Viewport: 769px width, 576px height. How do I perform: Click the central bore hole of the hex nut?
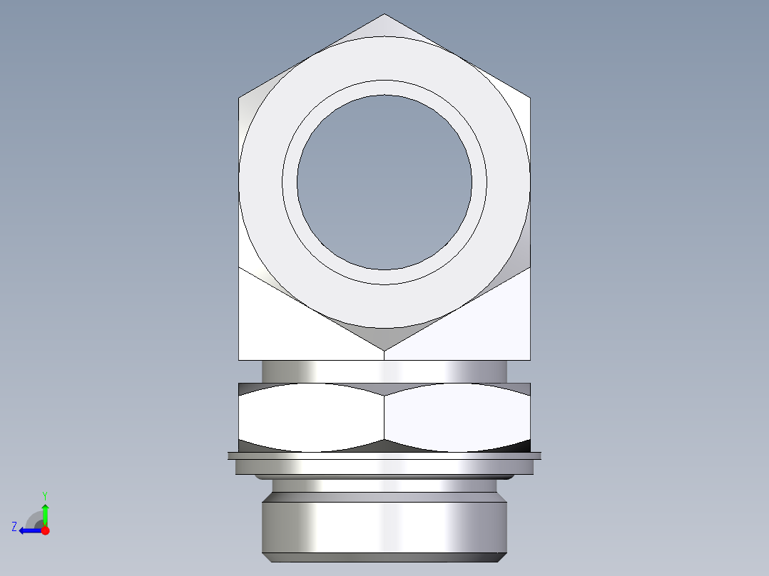pyautogui.click(x=385, y=182)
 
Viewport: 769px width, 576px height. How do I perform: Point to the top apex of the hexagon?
pyautogui.click(x=385, y=15)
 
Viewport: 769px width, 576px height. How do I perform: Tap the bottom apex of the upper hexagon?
pyautogui.click(x=385, y=350)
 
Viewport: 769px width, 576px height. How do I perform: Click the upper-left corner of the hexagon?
pyautogui.click(x=239, y=98)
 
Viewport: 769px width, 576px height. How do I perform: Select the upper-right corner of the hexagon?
pyautogui.click(x=530, y=98)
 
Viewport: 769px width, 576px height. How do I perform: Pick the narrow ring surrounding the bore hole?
pyautogui.click(x=385, y=88)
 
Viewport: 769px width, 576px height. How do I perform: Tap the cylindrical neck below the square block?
pyautogui.click(x=385, y=371)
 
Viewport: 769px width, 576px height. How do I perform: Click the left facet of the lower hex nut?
pyautogui.click(x=311, y=417)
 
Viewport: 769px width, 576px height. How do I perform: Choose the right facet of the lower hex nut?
pyautogui.click(x=457, y=417)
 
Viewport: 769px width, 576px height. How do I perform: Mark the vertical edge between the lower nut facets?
pyautogui.click(x=385, y=417)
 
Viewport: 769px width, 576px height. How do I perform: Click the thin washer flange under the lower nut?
pyautogui.click(x=385, y=455)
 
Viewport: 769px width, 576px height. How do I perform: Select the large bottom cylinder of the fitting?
pyautogui.click(x=385, y=528)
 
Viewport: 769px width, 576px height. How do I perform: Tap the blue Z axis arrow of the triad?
pyautogui.click(x=29, y=530)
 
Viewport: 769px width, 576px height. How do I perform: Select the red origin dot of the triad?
pyautogui.click(x=45, y=530)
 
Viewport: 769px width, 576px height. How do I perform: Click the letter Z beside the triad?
pyautogui.click(x=14, y=527)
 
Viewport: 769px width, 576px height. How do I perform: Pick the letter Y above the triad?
pyautogui.click(x=45, y=495)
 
